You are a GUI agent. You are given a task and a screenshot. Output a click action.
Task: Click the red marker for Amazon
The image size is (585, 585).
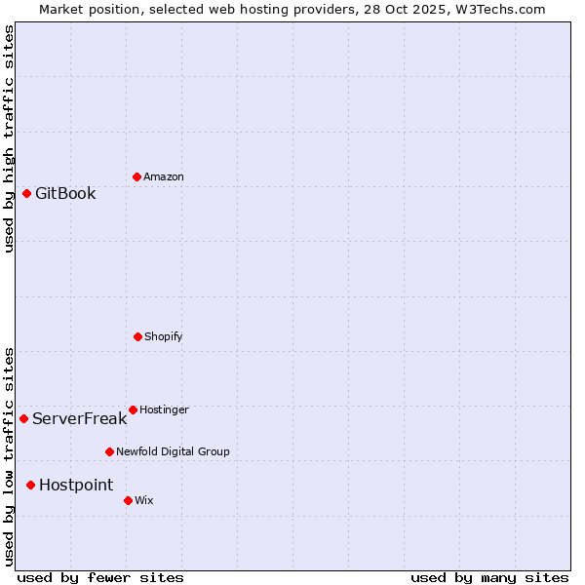click(x=136, y=176)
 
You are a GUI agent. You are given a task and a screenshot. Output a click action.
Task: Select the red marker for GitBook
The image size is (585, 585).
click(x=26, y=193)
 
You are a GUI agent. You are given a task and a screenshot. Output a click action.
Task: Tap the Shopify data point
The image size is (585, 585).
click(x=137, y=336)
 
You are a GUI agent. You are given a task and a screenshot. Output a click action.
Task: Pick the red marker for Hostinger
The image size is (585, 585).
click(x=133, y=409)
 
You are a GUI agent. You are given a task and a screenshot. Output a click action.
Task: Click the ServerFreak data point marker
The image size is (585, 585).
click(x=23, y=418)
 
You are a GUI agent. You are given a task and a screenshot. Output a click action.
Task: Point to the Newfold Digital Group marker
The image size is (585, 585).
click(x=109, y=451)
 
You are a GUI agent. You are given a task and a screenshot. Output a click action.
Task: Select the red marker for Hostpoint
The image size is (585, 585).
click(x=30, y=485)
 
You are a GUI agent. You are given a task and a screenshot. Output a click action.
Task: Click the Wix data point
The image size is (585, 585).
click(x=128, y=500)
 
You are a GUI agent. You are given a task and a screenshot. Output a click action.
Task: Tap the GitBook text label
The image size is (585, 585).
click(x=65, y=193)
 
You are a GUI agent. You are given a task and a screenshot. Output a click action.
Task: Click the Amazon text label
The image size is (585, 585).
click(x=164, y=176)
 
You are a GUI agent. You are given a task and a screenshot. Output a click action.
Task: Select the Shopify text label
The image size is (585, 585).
click(x=164, y=336)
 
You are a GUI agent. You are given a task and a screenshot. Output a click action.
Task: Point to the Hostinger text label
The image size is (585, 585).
click(x=164, y=409)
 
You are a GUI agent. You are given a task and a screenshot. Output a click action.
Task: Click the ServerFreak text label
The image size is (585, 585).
click(x=79, y=419)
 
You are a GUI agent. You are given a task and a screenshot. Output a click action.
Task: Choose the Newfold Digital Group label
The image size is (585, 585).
click(x=173, y=451)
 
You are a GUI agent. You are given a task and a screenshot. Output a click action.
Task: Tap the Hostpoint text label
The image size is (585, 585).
click(x=76, y=486)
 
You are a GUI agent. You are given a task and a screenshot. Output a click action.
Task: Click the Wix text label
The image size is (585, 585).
click(x=143, y=500)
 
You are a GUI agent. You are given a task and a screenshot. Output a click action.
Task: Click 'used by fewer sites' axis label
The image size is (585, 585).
click(x=100, y=577)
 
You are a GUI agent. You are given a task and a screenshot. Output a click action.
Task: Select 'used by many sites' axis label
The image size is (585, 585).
click(x=489, y=577)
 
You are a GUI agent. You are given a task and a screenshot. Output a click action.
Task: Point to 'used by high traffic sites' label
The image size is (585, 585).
click(x=9, y=138)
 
